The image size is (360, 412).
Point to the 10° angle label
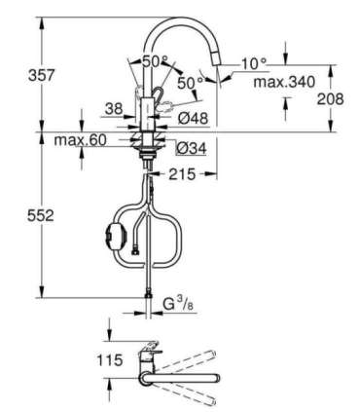coord(253,63)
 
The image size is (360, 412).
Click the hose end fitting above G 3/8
coord(149,291)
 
